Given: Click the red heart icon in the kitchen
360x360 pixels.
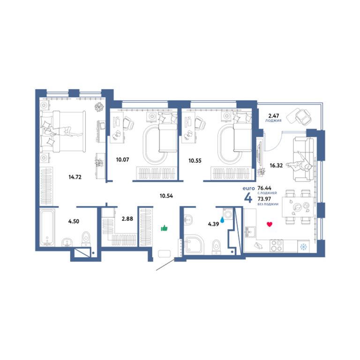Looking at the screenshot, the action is click(270, 225).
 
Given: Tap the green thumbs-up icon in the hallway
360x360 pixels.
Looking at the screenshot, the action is click(164, 228).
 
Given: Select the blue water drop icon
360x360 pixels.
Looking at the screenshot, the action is click(222, 220).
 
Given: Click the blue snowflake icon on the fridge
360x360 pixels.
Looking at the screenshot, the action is click(304, 247).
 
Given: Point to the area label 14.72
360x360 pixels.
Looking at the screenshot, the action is click(75, 177).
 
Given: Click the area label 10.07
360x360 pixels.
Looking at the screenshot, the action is click(122, 159).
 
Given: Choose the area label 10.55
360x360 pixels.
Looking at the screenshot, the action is click(195, 161).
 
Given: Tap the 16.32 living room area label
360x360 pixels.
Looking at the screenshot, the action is click(276, 165).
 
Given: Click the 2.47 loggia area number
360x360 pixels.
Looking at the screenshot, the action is click(274, 116).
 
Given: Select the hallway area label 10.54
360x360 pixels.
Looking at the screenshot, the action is click(166, 196).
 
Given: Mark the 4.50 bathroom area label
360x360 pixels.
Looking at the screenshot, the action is click(74, 221).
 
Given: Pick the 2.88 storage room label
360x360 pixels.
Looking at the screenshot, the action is click(127, 218).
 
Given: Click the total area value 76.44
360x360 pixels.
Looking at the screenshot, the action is click(264, 188).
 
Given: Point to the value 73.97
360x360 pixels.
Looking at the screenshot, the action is click(264, 199).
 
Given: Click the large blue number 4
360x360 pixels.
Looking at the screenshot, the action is click(248, 198).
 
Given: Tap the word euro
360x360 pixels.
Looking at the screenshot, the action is click(248, 188).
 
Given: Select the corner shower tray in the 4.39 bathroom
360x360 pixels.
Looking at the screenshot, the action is click(194, 244).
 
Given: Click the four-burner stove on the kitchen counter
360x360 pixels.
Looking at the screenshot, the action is click(277, 246).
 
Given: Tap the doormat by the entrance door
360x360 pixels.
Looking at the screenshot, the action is click(165, 254).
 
